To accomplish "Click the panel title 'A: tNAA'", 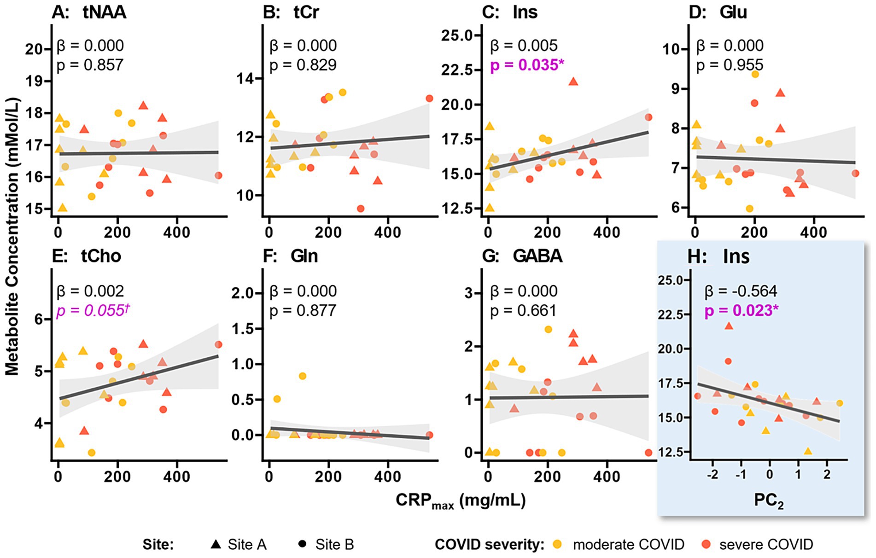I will click(89, 12).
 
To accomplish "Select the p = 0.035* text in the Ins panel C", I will click(527, 65).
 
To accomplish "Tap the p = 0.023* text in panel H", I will click(741, 310).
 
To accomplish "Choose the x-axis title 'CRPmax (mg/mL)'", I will click(461, 500).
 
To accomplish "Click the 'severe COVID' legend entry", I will click(758, 544).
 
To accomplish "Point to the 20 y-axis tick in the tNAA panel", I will click(34, 49).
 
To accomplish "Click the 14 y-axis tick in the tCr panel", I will click(245, 79).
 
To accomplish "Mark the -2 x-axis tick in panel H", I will click(713, 475).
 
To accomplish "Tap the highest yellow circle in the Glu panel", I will click(755, 74).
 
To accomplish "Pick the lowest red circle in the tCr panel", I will click(361, 209).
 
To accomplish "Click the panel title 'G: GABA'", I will click(522, 256).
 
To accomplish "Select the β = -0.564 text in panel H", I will click(741, 291).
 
